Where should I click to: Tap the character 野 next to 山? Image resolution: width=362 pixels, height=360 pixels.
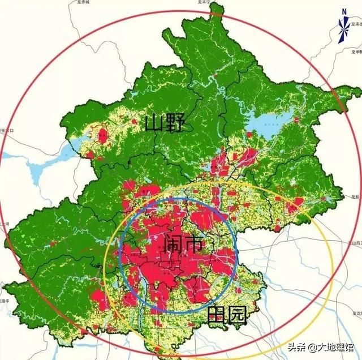coord(174,122)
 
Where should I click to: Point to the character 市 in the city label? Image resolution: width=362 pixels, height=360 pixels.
coord(193,245)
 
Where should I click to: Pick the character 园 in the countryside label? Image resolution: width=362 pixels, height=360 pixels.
coord(237,315)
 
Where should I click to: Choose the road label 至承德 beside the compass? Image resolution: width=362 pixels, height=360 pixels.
coord(356,25)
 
